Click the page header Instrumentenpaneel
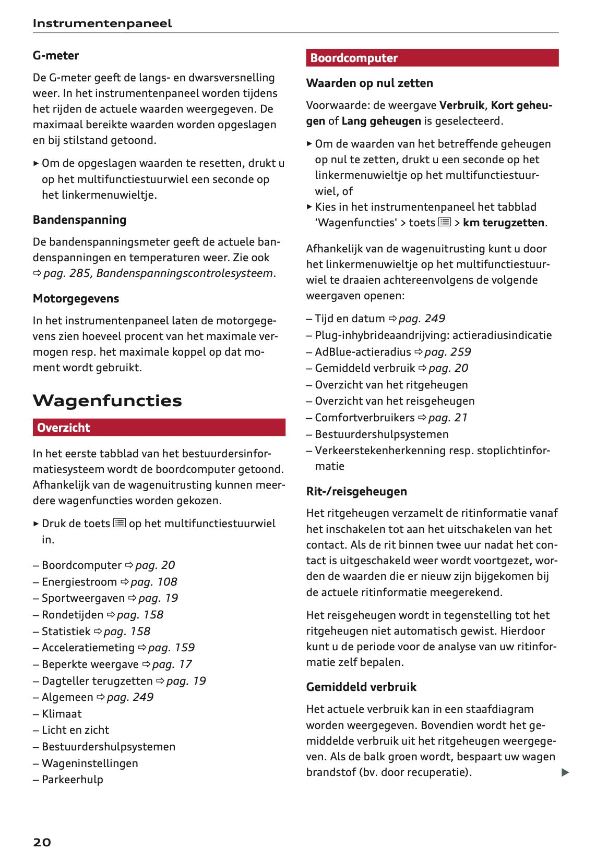pos(102,23)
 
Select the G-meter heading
pos(56,56)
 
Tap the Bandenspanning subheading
pos(79,220)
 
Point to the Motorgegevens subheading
pos(76,299)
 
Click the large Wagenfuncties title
pos(108,400)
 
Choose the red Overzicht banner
pos(159,428)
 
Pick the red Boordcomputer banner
pos(432,58)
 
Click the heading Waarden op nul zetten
pos(369,83)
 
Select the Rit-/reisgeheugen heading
pos(356,492)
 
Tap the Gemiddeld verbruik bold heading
pos(361,687)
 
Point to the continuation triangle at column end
pos(565,772)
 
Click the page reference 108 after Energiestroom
pos(153,582)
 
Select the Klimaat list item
pos(62,714)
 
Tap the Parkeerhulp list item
pos(72,780)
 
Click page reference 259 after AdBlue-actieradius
pos(447,352)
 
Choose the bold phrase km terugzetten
pos(504,223)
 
